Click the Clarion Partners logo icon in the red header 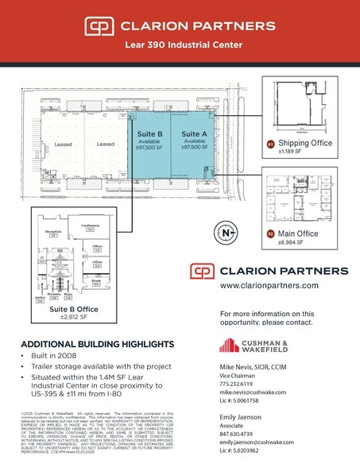(x=99, y=25)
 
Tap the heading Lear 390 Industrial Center (x=180, y=45)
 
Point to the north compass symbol (x=228, y=234)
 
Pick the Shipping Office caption (x=305, y=144)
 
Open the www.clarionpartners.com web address (x=269, y=285)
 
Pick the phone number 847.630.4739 (x=241, y=434)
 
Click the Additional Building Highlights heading (x=96, y=344)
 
